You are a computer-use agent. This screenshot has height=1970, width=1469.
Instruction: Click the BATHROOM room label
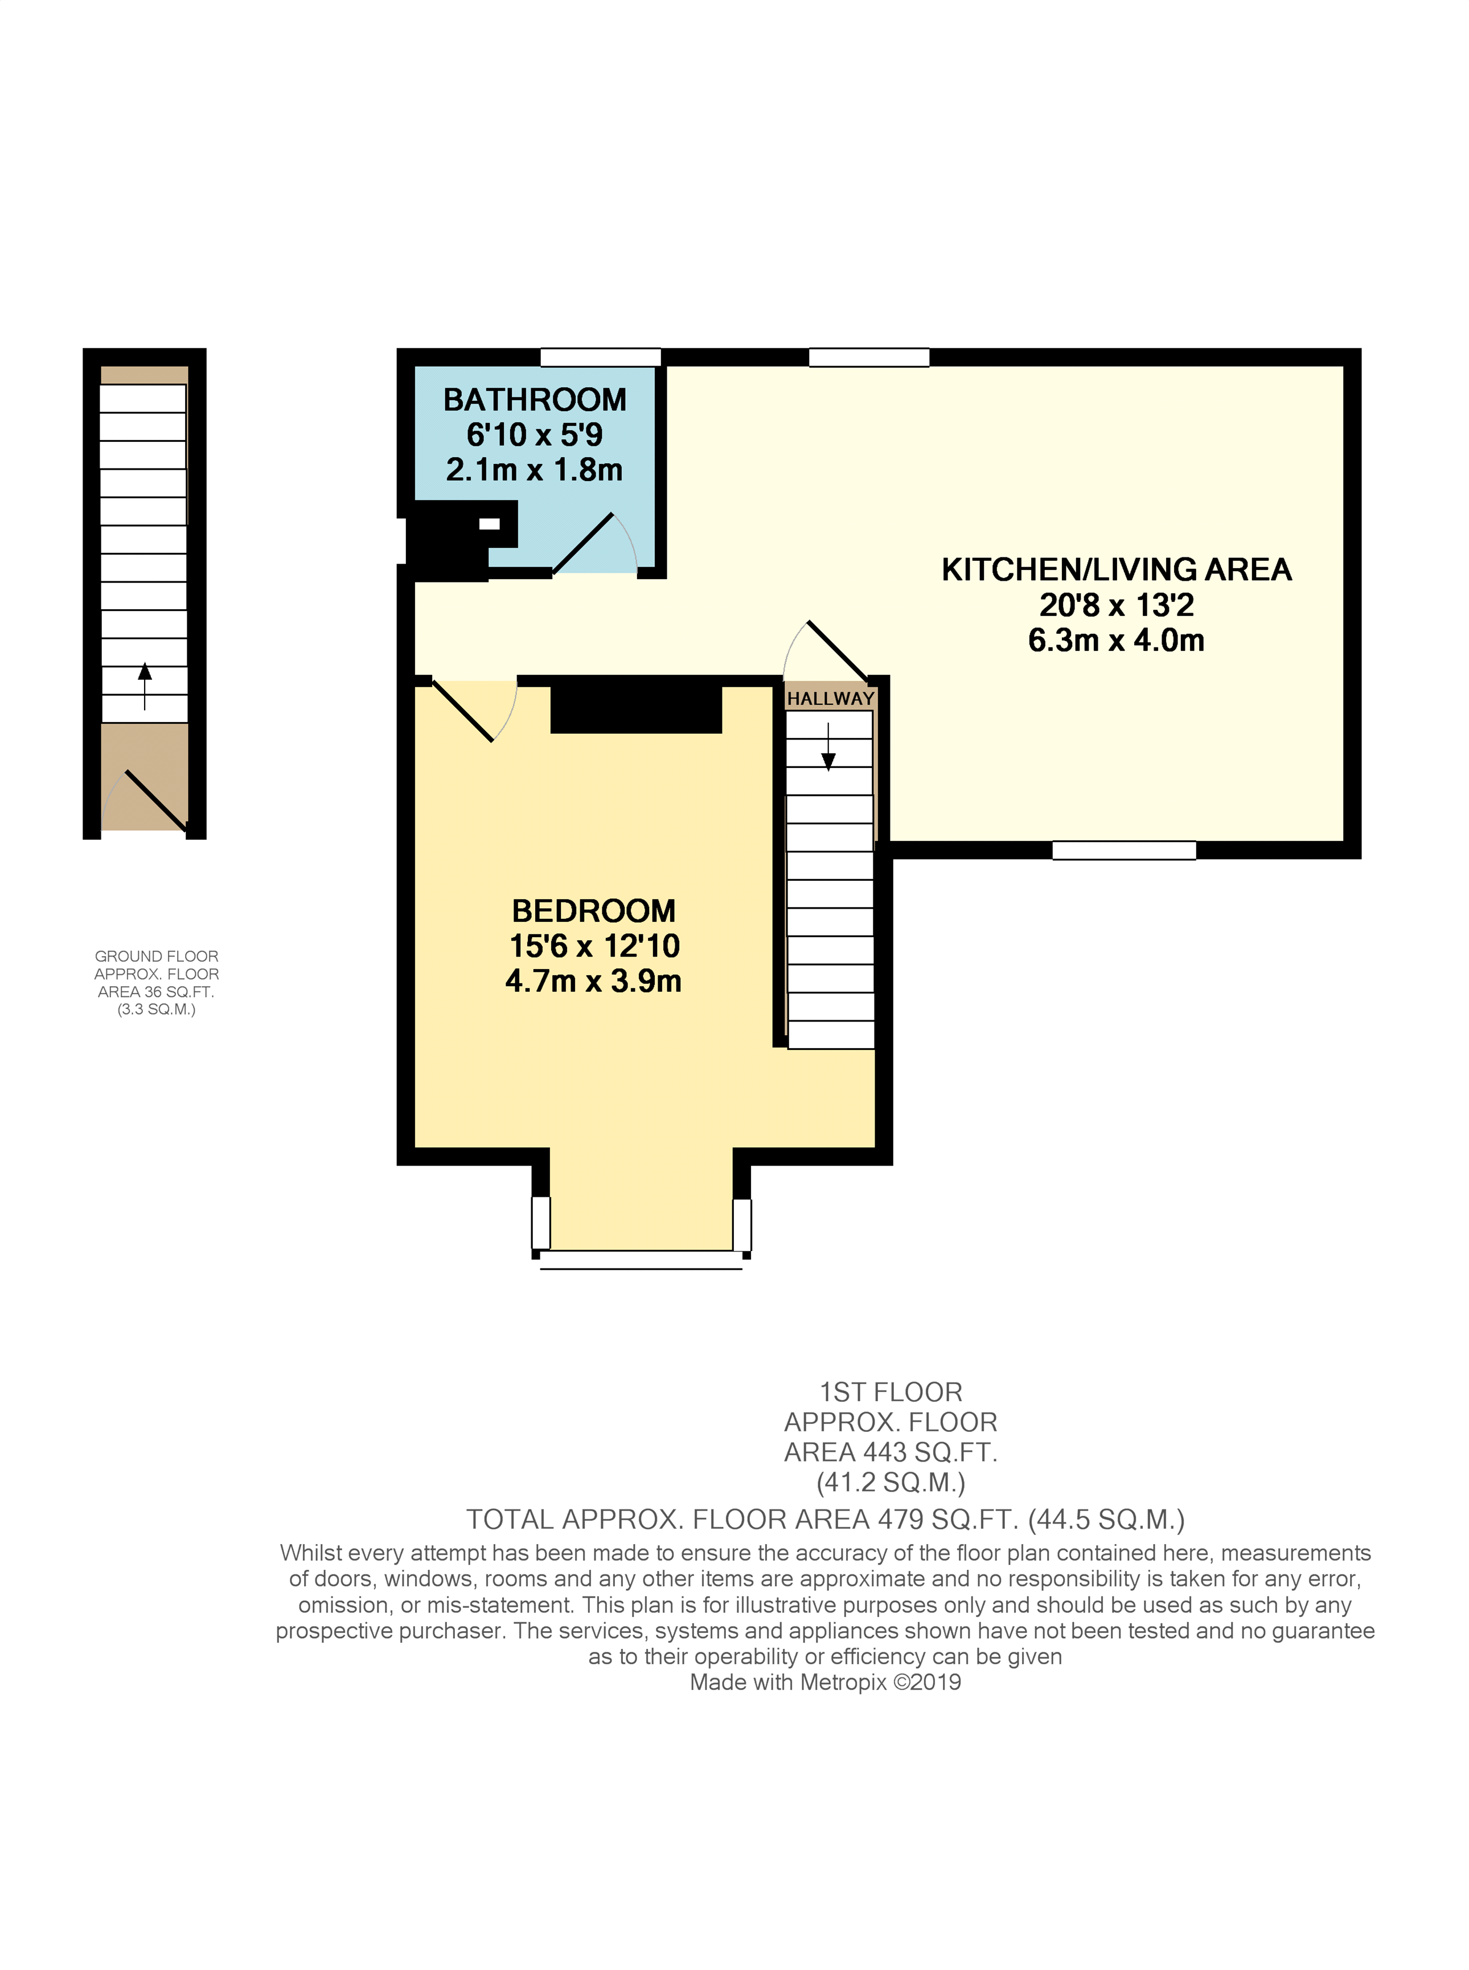pos(535,400)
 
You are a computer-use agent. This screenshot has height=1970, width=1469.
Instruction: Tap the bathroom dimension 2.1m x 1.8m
pos(535,469)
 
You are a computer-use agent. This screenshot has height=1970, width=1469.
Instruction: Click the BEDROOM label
pos(593,911)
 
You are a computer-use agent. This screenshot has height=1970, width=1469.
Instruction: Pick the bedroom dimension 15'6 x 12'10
pos(594,946)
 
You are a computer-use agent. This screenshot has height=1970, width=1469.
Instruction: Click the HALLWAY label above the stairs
pos(831,699)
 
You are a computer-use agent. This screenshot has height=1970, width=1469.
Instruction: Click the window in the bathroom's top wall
pos(601,358)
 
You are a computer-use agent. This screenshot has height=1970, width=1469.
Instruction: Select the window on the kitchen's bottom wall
pos(1124,851)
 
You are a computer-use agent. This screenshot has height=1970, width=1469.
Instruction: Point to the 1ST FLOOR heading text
pos(891,1392)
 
